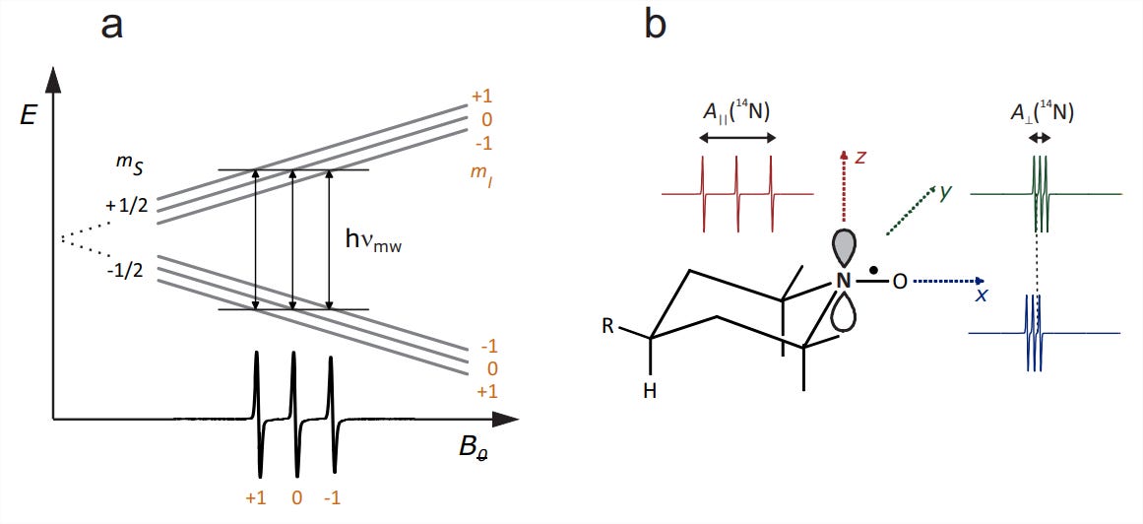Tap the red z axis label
click(860, 157)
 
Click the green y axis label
click(944, 193)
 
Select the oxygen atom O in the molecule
click(900, 281)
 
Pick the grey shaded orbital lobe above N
click(843, 250)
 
